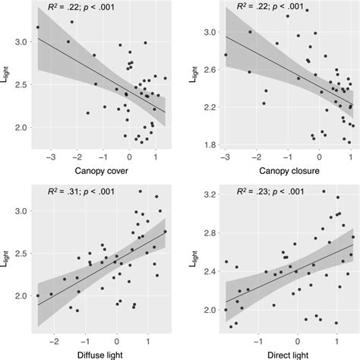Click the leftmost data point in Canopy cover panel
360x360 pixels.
coord(38,27)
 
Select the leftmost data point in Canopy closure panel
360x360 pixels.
coord(226,55)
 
